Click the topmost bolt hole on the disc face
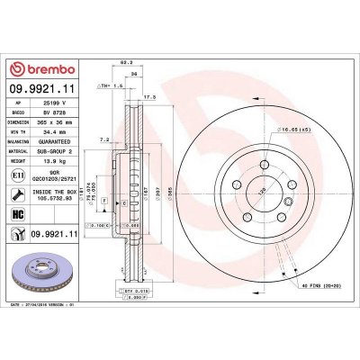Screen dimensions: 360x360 (x=264, y=165)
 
